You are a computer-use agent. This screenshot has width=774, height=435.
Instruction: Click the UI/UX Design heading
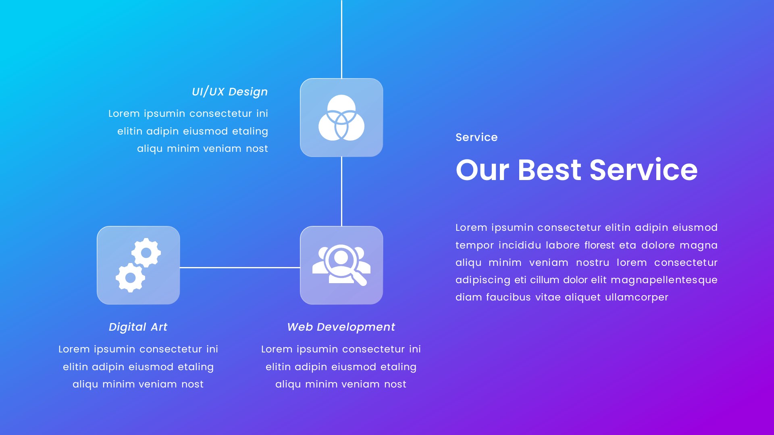[x=229, y=92]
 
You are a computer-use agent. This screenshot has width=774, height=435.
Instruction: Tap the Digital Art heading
[x=138, y=327]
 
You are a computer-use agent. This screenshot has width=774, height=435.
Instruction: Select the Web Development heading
[x=341, y=327]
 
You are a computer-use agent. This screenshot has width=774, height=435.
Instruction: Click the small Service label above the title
[x=476, y=137]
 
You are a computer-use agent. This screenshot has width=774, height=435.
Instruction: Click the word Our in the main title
[x=482, y=170]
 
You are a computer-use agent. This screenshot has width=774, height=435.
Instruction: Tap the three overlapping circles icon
[x=341, y=118]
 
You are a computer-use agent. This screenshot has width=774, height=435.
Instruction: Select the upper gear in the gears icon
[x=146, y=253]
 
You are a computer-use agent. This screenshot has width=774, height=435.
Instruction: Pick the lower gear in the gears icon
[x=130, y=278]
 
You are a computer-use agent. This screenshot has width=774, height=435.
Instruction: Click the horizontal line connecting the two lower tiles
[x=240, y=267]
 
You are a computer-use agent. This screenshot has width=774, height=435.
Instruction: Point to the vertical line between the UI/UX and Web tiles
[x=341, y=191]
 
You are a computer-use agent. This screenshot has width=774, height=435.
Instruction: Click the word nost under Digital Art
[x=192, y=384]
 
